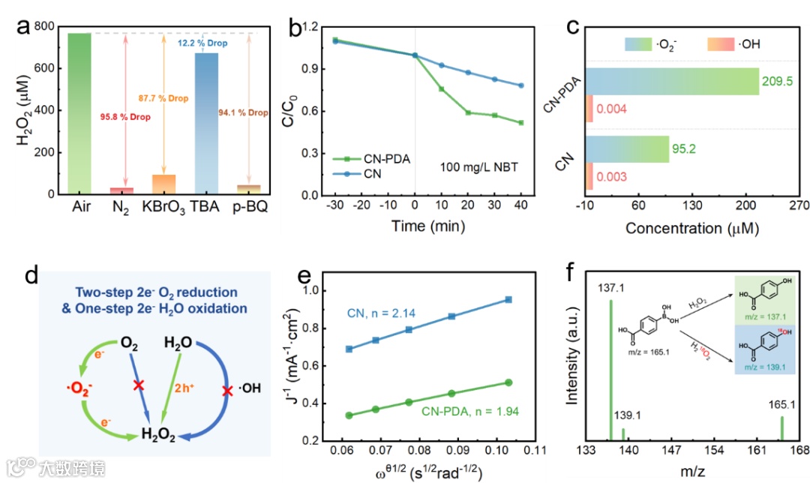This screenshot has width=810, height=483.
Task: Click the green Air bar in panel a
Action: pyautogui.click(x=79, y=112)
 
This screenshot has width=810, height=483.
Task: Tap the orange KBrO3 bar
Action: pyautogui.click(x=164, y=184)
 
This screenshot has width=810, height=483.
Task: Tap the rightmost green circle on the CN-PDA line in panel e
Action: pyautogui.click(x=508, y=382)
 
